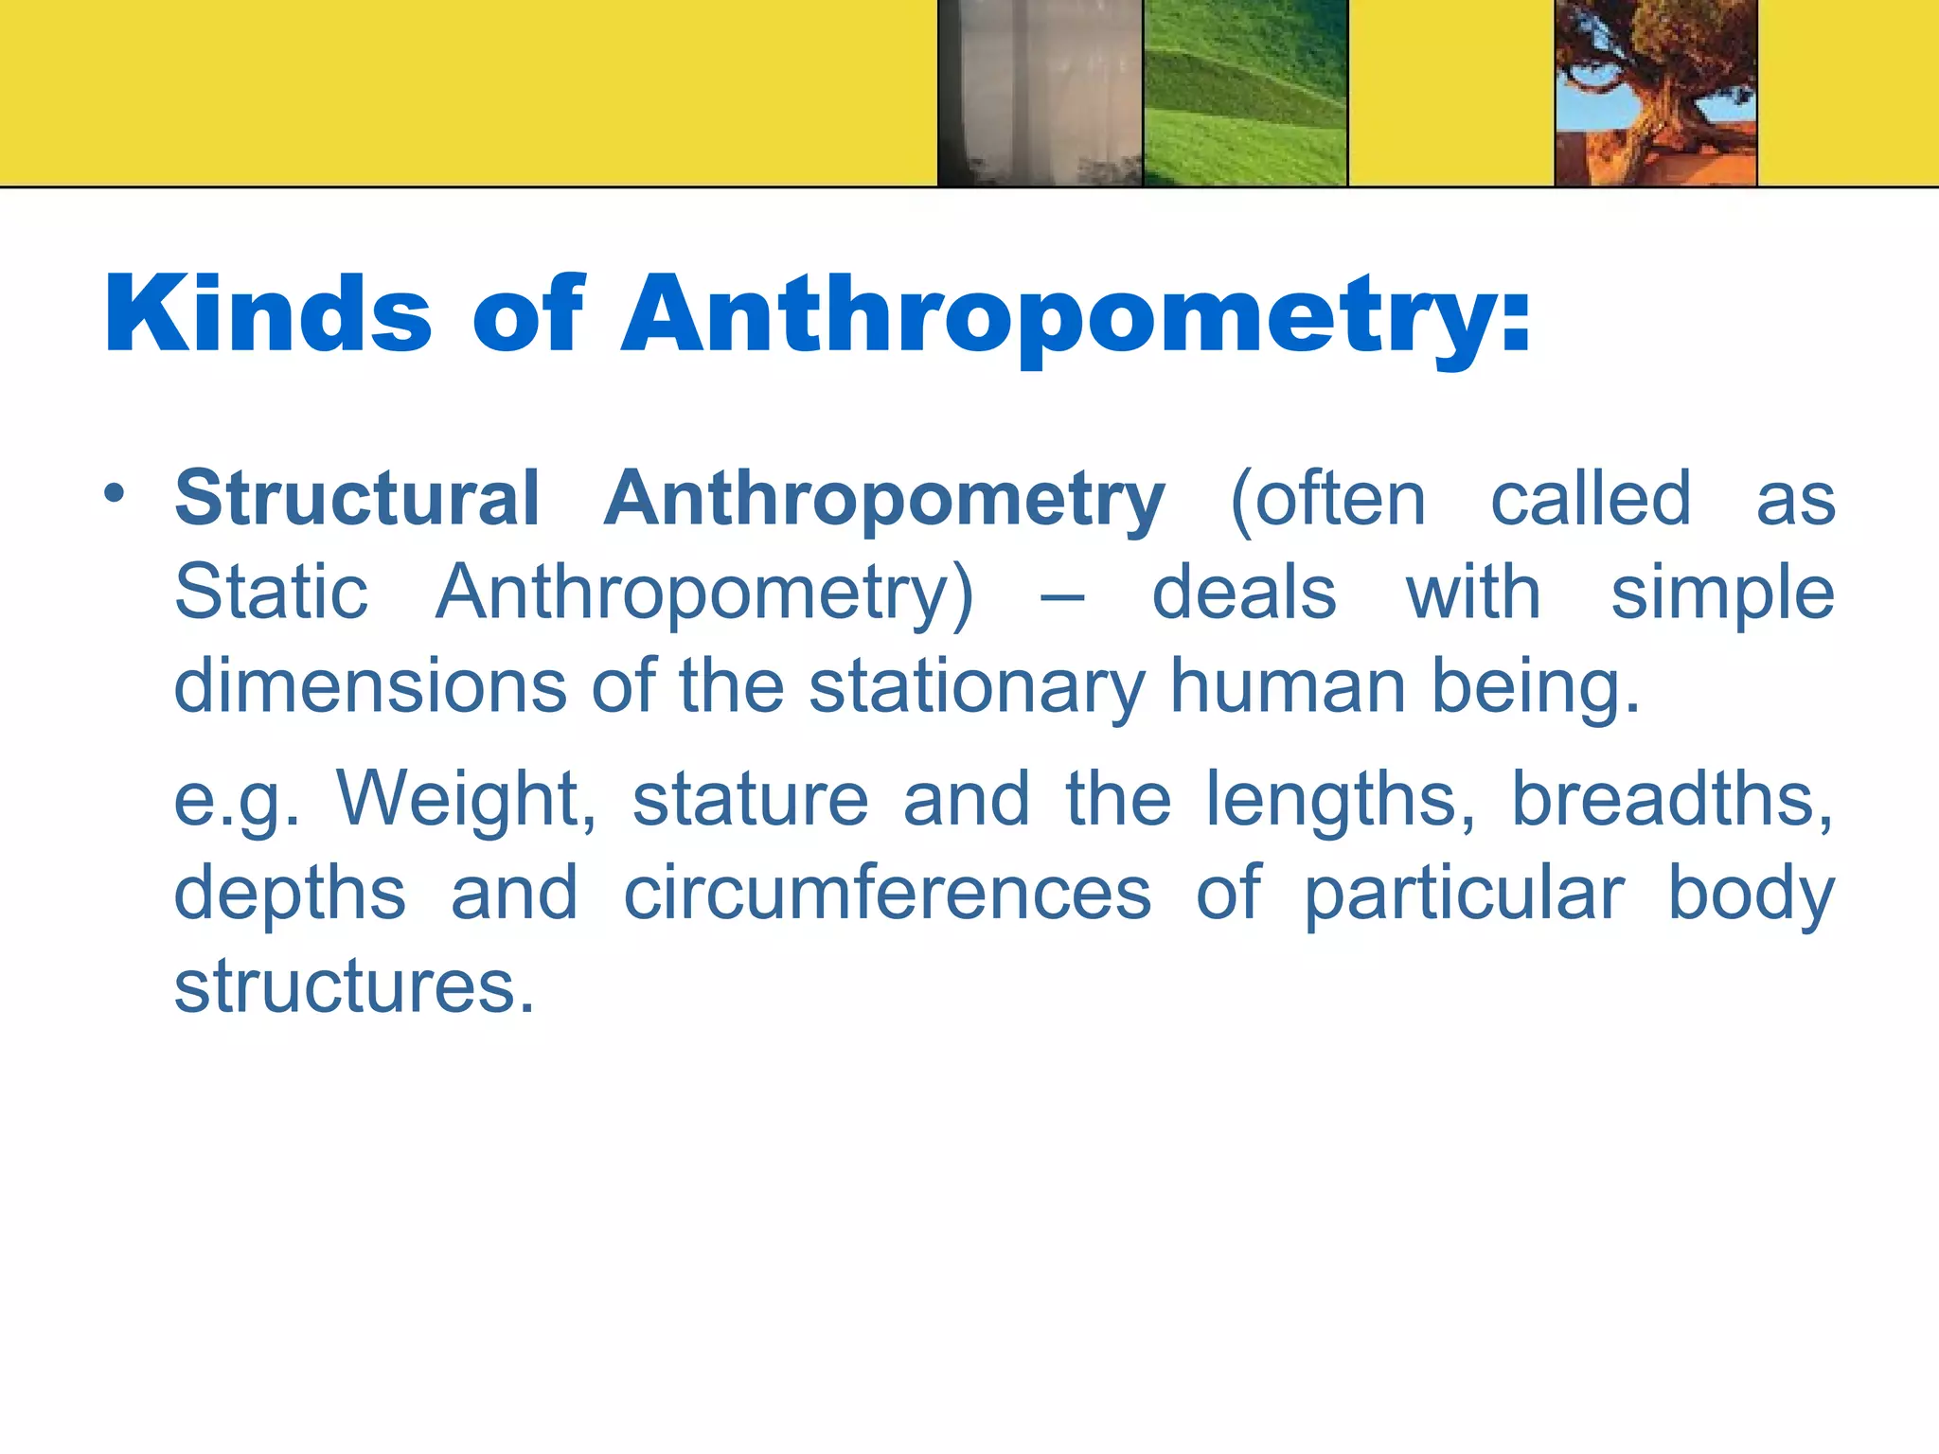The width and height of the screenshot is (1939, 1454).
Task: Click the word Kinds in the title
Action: (268, 313)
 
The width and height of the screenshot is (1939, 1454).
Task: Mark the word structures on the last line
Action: (354, 986)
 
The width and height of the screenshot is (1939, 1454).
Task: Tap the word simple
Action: (1722, 592)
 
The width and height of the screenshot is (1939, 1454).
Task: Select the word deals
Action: (1243, 592)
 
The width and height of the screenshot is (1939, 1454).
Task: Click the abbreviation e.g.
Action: (237, 800)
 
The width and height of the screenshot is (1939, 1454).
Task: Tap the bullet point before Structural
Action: (115, 493)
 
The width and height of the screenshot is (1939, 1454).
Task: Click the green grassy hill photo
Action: (1245, 92)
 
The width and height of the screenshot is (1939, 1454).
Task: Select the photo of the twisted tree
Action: (1656, 92)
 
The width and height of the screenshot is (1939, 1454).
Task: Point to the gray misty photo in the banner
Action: (1041, 92)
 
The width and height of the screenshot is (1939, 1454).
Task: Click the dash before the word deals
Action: (1061, 596)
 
